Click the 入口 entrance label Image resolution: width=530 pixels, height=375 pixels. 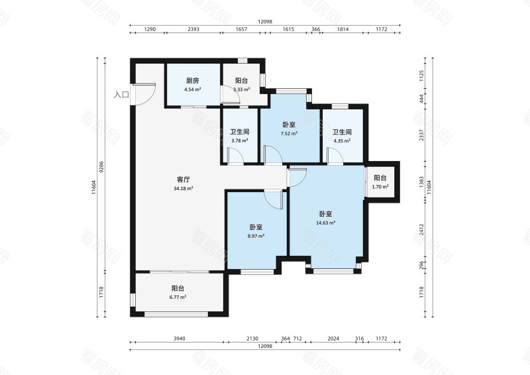pos(121,95)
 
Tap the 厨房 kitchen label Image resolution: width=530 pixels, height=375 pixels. pos(193,81)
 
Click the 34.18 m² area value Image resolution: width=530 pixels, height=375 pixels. pos(184,188)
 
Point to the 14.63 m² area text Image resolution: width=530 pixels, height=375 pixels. pos(325,223)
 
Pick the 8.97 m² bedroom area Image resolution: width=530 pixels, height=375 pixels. pos(256,237)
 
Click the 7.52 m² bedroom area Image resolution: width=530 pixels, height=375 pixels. pos(289,134)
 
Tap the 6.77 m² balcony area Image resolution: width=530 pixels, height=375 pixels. pos(178,297)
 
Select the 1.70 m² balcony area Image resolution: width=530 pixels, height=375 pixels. pos(380,186)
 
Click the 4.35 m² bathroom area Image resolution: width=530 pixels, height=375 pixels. pos(342,141)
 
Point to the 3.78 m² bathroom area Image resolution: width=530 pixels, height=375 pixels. pos(240,141)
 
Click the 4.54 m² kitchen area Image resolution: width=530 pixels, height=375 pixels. pos(193,89)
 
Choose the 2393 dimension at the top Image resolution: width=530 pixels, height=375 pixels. pos(193,29)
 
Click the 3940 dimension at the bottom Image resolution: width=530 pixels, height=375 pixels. pos(179,338)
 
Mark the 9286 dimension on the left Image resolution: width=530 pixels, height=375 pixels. pos(101,167)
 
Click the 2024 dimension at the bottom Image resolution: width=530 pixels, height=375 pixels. pos(333,338)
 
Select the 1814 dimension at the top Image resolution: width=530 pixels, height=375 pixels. pos(343,29)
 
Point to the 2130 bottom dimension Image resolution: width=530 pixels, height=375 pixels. pos(252,338)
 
